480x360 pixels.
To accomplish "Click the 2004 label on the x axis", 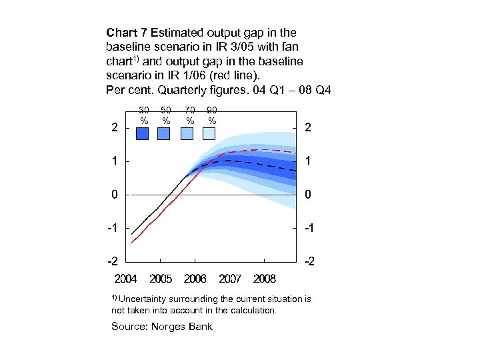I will pos(125,277).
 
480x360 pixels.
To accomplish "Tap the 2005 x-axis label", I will pos(161,277).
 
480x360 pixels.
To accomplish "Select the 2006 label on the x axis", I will pos(195,277).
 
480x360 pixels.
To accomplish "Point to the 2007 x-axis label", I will pos(230,277).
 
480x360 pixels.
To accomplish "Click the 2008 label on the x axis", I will pos(265,277).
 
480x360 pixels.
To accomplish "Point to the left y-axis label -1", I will pos(113,228).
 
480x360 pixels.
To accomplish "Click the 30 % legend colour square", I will pos(143,134).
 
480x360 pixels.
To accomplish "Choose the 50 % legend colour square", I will pos(165,134).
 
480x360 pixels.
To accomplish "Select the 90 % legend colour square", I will pos(209,134).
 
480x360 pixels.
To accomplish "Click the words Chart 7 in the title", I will pos(127,32).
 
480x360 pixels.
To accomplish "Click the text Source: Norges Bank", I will pos(162,326).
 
